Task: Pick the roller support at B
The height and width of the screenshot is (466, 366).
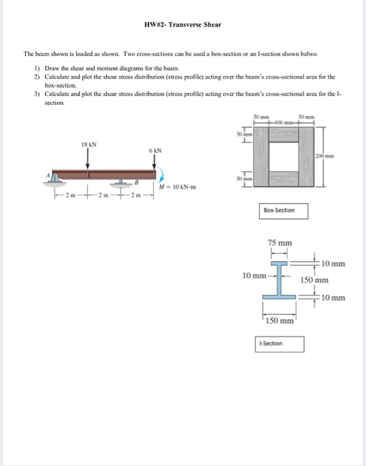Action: point(122,180)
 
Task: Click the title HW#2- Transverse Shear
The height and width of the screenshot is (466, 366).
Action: point(183,25)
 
